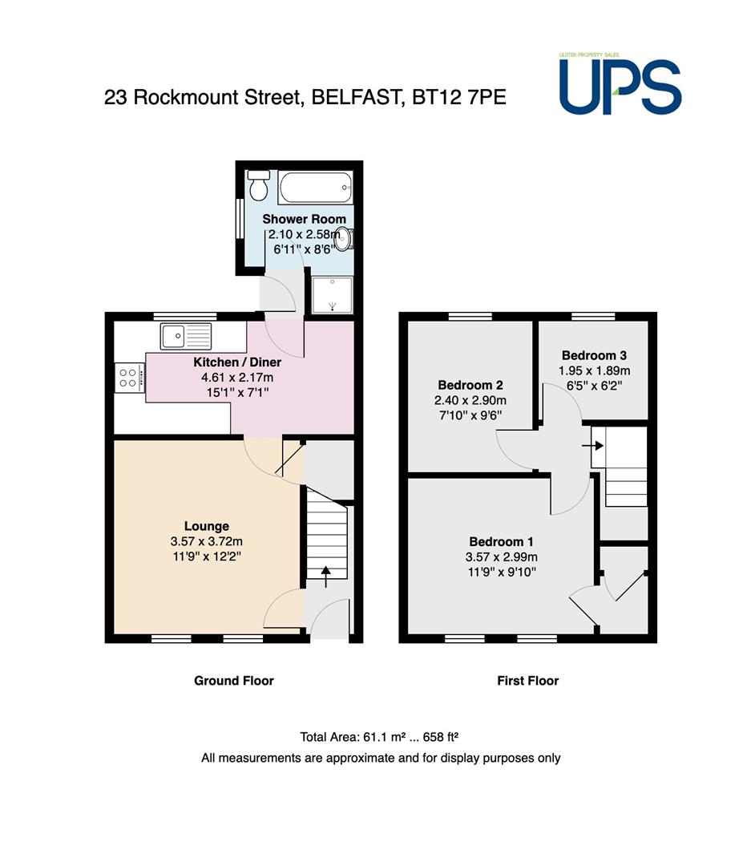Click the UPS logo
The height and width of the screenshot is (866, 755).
[x=620, y=84]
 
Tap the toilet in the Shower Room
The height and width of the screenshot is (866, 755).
[x=258, y=185]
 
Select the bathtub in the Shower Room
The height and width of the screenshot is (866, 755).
[x=315, y=188]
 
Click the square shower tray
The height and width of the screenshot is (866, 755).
[x=333, y=295]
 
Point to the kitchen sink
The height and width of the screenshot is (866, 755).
[x=185, y=336]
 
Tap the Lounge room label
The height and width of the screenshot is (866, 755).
[x=207, y=526]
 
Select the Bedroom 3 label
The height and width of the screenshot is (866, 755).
[x=594, y=356]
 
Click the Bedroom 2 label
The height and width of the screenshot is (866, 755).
[x=470, y=386]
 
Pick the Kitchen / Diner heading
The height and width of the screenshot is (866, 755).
[x=237, y=362]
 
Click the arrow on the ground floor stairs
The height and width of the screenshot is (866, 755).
[x=325, y=576]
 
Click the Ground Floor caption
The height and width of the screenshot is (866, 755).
[x=234, y=681]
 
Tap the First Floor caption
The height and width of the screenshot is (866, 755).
[x=528, y=681]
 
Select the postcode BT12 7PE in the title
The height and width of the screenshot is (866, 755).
[x=459, y=97]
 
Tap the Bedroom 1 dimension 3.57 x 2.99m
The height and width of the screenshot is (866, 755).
[x=502, y=557]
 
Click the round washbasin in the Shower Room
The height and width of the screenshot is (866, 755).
[x=344, y=239]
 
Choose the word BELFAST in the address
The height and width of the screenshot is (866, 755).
[x=356, y=97]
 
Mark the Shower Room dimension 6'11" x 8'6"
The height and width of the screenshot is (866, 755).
[x=305, y=249]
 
